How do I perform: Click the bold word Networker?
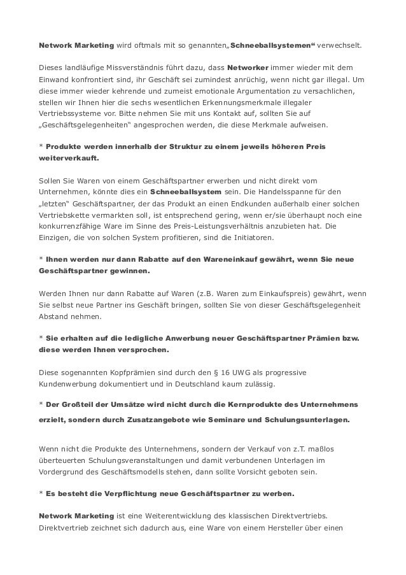point(248,67)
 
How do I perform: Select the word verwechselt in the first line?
point(339,46)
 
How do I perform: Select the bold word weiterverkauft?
point(67,159)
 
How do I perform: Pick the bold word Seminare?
point(218,420)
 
